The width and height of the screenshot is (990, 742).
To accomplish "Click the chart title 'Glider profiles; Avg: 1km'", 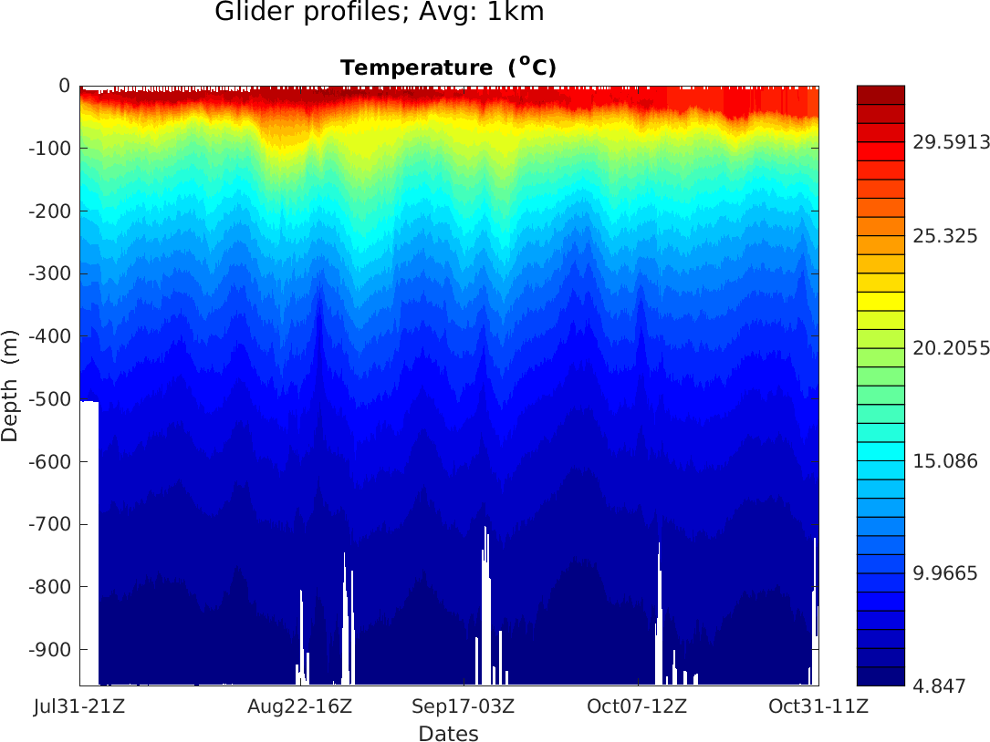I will coord(379,13).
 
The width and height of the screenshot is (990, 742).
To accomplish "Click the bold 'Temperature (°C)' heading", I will coord(448,67).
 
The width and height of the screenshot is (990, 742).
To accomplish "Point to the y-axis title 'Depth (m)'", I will coord(10,386).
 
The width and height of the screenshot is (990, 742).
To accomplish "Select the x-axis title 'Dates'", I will coord(448,733).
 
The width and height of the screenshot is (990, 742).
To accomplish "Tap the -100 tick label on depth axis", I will coord(51,149).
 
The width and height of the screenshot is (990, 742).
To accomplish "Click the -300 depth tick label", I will coord(51,273).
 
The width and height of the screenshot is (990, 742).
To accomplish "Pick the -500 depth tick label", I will coord(51,399).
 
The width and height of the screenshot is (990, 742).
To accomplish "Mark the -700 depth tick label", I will coord(51,524).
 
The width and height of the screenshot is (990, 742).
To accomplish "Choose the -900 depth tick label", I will coord(51,649).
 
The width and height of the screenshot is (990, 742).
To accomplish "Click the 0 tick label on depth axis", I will coord(64,86).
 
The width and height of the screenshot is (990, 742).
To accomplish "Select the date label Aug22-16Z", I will coord(299,706).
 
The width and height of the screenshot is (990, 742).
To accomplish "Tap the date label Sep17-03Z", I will coord(463,706).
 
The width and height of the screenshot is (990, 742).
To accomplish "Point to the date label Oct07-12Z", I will coord(636,706).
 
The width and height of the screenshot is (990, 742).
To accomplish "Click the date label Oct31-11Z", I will coord(818,706).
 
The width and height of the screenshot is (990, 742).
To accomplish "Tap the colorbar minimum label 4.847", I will coord(939,686).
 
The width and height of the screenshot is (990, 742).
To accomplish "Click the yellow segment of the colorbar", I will coord(881,301).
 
